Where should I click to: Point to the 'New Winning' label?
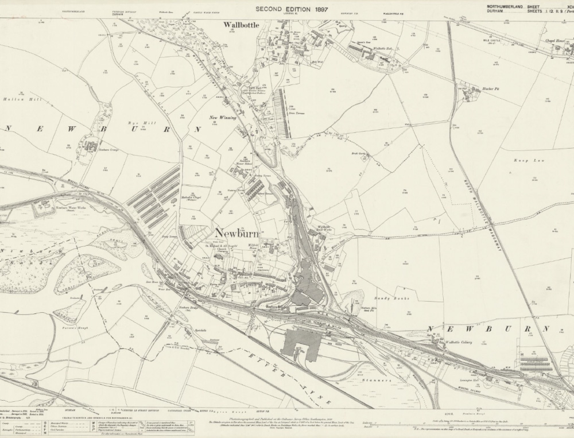pyautogui.click(x=222, y=118)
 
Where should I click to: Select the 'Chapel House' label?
pyautogui.click(x=553, y=41)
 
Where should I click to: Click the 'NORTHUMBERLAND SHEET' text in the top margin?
pyautogui.click(x=506, y=6)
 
